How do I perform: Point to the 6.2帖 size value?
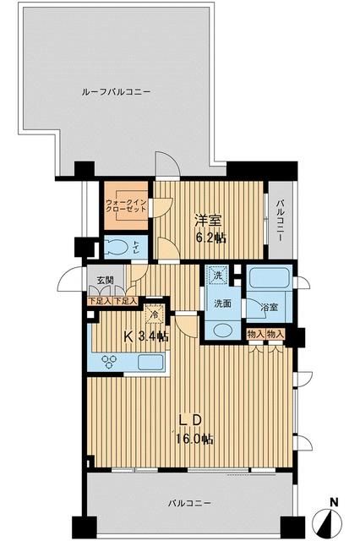[210, 238]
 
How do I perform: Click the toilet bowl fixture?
[116, 247]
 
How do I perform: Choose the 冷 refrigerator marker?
[153, 314]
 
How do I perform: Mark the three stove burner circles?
[111, 362]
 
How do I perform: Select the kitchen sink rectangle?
[150, 363]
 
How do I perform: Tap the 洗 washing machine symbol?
[217, 276]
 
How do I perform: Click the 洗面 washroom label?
[222, 303]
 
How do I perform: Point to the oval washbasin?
[220, 331]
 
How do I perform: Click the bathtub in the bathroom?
[270, 278]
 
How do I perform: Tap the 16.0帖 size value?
[194, 440]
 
